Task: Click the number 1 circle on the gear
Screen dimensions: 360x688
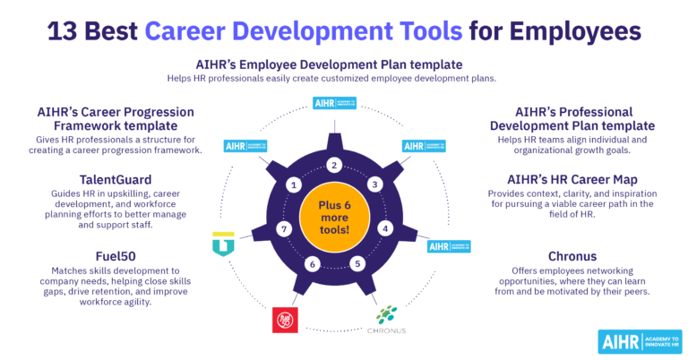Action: [x=293, y=184]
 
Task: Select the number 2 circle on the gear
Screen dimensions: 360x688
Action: [x=334, y=165]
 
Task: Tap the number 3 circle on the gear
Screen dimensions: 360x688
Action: [x=375, y=184]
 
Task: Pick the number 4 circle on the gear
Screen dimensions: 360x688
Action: [x=386, y=227]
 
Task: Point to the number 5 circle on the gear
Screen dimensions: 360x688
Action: [x=357, y=263]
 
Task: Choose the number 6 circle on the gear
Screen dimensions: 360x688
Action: [x=312, y=263]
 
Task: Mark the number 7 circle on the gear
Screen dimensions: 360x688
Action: [x=283, y=229]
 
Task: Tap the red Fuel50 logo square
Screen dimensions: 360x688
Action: [x=286, y=320]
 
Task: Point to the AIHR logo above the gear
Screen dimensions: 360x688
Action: [x=333, y=104]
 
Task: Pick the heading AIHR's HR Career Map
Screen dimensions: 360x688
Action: [x=573, y=178]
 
